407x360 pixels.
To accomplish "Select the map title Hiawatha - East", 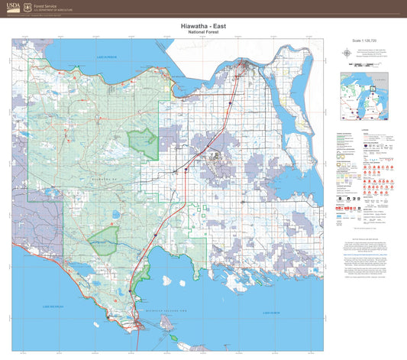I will tap(203, 25).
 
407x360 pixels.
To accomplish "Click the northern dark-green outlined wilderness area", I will tap(143, 143).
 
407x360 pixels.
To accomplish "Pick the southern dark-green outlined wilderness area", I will tap(105, 240).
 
